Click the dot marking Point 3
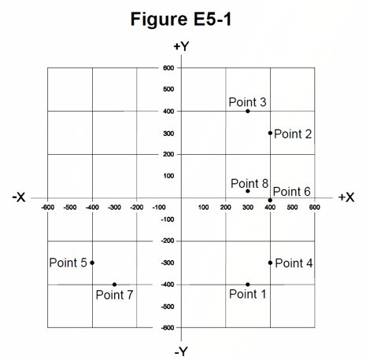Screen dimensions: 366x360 pos(248,111)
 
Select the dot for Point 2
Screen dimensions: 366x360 pos(270,133)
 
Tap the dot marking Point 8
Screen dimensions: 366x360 pos(248,191)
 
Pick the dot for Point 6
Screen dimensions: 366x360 pos(270,200)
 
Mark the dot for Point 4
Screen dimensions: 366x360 pos(270,263)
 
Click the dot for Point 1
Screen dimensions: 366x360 pos(248,285)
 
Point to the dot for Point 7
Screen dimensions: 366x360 pos(114,285)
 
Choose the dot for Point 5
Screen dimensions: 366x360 pos(92,263)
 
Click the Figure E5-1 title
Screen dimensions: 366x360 pos(181,19)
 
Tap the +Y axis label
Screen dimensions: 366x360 pos(181,46)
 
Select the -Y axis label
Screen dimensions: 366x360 pos(181,351)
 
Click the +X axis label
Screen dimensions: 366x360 pos(346,197)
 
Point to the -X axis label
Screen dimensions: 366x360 pos(19,197)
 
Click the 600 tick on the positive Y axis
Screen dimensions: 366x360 pos(168,68)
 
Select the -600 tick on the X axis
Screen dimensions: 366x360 pos(48,208)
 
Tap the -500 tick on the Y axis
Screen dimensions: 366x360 pos(168,307)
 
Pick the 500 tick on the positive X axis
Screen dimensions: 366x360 pos(292,208)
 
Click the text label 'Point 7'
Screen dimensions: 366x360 pos(115,295)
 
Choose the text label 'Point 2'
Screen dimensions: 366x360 pos(293,134)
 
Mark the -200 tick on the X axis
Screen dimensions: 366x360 pos(137,208)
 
